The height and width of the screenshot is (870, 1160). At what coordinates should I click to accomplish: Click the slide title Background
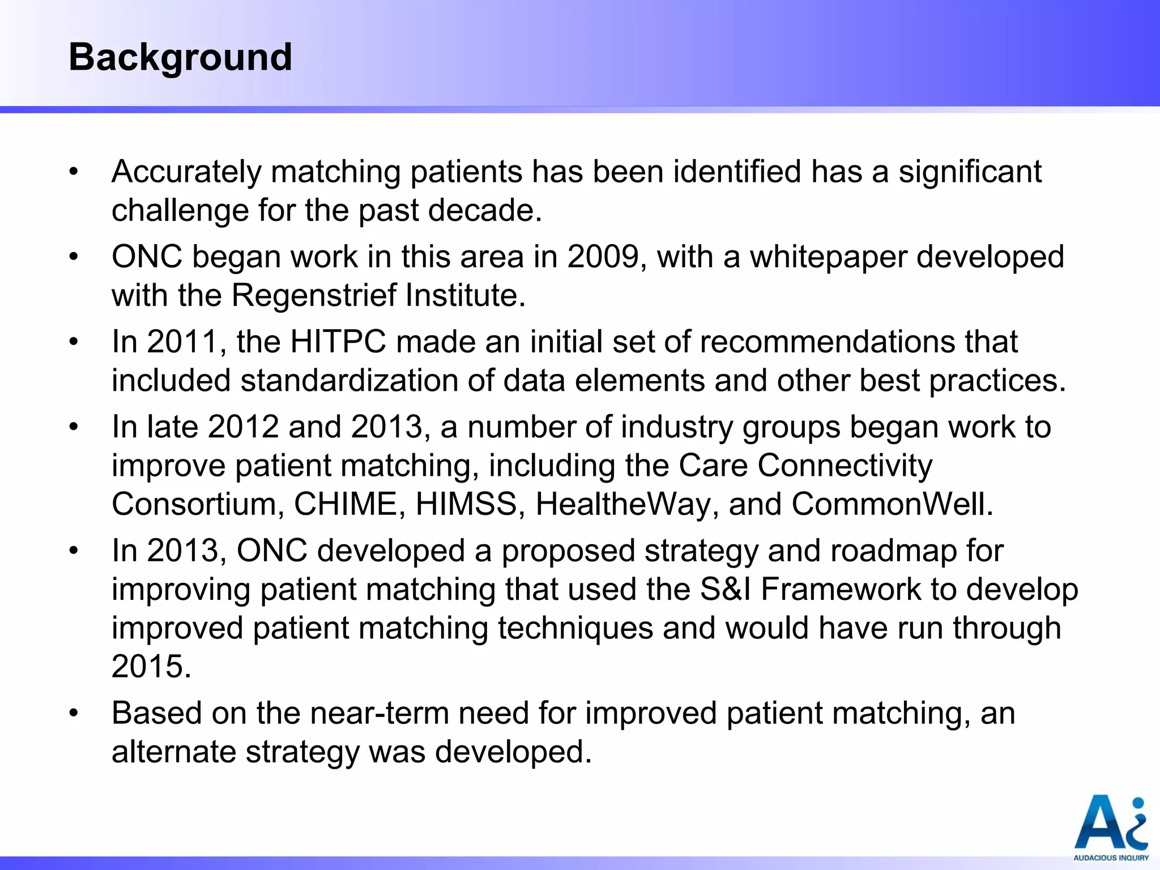tap(180, 58)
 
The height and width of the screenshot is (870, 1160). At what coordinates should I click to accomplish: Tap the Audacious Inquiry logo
tap(1111, 828)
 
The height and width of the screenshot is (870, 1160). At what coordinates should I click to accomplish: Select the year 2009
tap(603, 257)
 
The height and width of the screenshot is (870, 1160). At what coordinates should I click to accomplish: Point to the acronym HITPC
tap(338, 342)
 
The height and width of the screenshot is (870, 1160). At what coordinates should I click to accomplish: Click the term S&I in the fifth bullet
tap(726, 589)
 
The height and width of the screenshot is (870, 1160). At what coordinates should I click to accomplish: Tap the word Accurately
tap(186, 172)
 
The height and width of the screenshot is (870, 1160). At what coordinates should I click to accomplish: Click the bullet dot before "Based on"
tap(73, 713)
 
